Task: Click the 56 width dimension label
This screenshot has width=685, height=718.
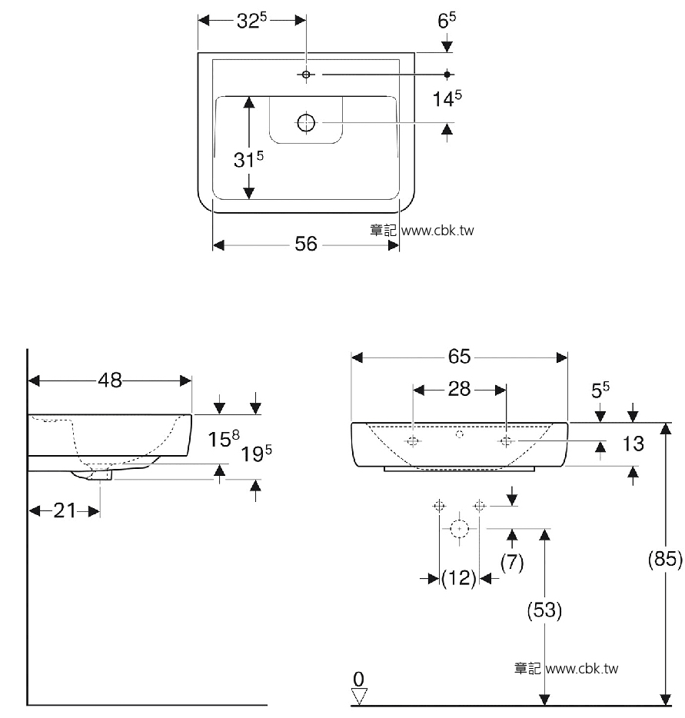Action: [x=306, y=244]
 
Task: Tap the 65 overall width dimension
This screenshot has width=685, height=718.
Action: [x=459, y=356]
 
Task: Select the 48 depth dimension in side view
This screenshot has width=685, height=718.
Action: [x=110, y=380]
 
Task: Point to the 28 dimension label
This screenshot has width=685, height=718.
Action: [x=459, y=389]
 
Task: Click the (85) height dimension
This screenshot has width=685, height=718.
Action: [x=665, y=559]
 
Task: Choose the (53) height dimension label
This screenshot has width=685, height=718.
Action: [x=544, y=610]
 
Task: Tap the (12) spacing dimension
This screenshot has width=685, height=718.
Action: [x=459, y=578]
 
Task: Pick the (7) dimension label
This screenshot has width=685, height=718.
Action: [x=512, y=562]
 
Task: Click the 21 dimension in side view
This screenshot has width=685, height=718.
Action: [x=65, y=510]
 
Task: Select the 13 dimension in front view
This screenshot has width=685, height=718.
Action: [x=633, y=444]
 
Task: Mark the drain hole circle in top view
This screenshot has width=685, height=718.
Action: [x=306, y=122]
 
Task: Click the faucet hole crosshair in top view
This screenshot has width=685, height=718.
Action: [x=306, y=74]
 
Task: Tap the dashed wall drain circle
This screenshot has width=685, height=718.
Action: [x=459, y=529]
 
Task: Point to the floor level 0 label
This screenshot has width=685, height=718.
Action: [x=358, y=679]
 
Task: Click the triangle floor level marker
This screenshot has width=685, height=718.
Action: [x=358, y=696]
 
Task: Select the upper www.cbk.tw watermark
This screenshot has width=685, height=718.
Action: [x=437, y=231]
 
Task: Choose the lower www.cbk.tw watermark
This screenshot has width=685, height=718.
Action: [x=582, y=669]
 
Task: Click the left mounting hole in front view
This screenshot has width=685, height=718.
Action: [x=413, y=441]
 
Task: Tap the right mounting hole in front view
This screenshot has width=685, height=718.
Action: [x=506, y=441]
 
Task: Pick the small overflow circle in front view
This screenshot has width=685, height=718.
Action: [x=461, y=434]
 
